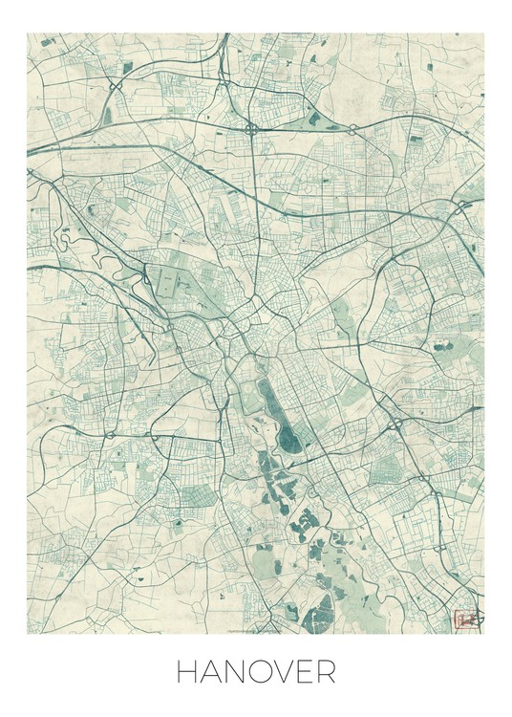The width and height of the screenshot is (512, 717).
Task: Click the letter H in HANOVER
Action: coord(187,672)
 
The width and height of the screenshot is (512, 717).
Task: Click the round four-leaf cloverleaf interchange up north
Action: coord(251,127)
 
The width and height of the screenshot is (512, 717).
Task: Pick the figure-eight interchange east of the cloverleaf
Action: coord(352,129)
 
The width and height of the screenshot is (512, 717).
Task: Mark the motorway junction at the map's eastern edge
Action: coord(462,206)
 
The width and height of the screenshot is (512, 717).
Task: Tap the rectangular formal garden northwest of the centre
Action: coord(169,283)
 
